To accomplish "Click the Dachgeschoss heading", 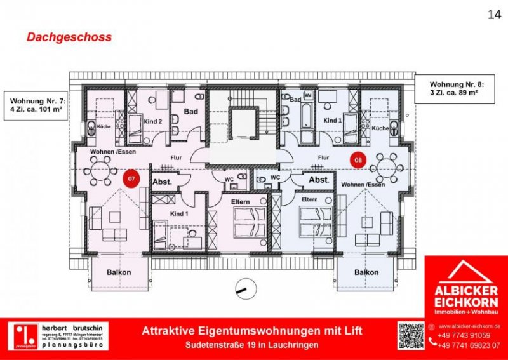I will pyautogui.click(x=69, y=37).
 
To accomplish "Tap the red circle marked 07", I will pyautogui.click(x=131, y=179).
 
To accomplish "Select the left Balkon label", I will pyautogui.click(x=119, y=272).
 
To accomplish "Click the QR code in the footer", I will pyautogui.click(x=410, y=335).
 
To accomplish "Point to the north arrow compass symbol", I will pyautogui.click(x=242, y=287).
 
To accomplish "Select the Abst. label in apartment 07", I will pyautogui.click(x=163, y=182).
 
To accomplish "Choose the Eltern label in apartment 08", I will pyautogui.click(x=311, y=199).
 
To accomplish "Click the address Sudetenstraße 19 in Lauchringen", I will pyautogui.click(x=253, y=345).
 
